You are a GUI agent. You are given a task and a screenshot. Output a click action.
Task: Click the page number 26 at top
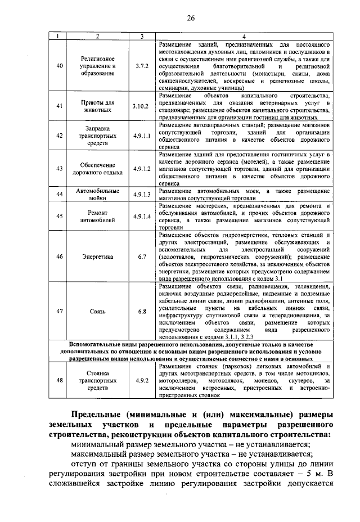(x=191, y=18)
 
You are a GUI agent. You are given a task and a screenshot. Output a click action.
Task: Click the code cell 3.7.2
(x=141, y=66)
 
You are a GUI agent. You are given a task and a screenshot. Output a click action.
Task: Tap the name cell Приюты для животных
(x=98, y=106)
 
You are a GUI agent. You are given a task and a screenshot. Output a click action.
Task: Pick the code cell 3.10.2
(x=141, y=106)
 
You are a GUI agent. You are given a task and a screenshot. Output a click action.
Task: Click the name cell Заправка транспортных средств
(x=98, y=135)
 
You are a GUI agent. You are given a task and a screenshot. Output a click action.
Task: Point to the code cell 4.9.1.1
(x=141, y=135)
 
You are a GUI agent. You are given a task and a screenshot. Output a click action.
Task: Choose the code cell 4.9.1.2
(x=141, y=168)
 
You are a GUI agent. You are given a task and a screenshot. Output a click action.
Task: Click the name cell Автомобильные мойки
(x=98, y=195)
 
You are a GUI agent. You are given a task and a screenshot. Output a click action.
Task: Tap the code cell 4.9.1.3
(x=141, y=195)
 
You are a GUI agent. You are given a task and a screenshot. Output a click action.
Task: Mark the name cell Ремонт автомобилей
(x=98, y=217)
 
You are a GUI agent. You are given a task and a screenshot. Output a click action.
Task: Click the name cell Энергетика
(x=98, y=256)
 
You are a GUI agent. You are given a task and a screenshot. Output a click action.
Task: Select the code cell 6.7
(x=141, y=256)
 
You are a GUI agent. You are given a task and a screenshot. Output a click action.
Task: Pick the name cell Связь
(x=98, y=310)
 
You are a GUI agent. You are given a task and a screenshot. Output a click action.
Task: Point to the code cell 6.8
(x=141, y=310)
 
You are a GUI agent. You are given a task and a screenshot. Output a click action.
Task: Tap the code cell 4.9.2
(x=141, y=380)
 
